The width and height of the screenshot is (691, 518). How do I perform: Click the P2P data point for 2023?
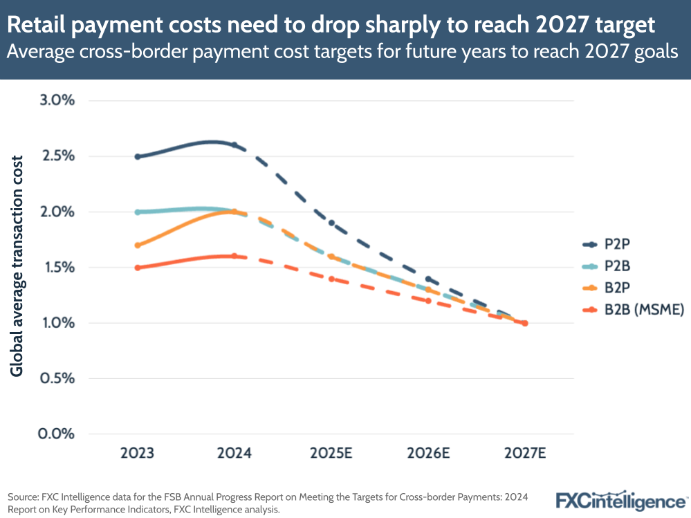click(x=138, y=156)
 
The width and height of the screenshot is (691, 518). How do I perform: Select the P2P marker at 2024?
click(x=234, y=145)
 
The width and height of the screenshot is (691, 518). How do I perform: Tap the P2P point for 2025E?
click(x=331, y=223)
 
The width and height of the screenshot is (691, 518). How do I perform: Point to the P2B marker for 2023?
click(x=138, y=212)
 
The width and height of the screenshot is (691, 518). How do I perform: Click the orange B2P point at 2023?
click(x=138, y=246)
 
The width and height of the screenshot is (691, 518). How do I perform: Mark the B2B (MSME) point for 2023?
click(x=138, y=268)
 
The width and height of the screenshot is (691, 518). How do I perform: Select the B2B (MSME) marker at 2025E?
click(x=331, y=279)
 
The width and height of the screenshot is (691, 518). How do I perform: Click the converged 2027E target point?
click(x=525, y=323)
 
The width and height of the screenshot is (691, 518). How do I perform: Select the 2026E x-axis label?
click(x=429, y=454)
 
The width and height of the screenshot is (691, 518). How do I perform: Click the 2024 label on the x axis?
click(x=234, y=454)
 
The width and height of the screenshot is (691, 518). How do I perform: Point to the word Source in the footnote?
click(x=24, y=497)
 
